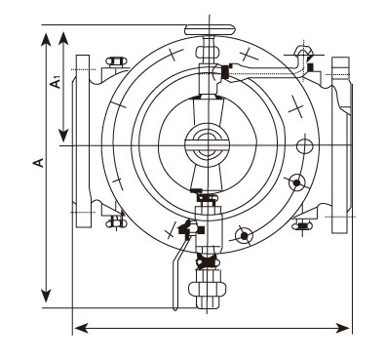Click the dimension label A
click(x=39, y=163)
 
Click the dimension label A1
click(x=57, y=82)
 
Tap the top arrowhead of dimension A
click(x=46, y=40)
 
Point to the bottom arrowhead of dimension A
click(x=46, y=295)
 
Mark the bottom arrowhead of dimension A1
click(x=63, y=135)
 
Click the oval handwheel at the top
click(x=210, y=30)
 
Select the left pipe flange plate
click(x=83, y=140)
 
